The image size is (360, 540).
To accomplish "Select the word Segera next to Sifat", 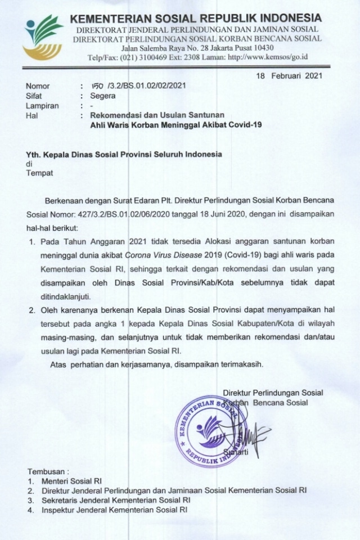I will point(104,96).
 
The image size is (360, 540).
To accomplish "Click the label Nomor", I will point(38,86).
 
